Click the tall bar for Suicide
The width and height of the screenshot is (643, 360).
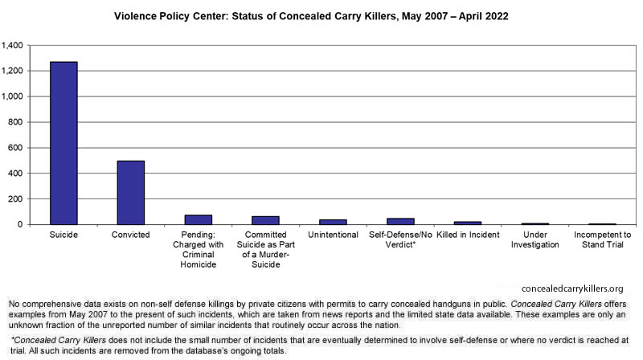click(63, 143)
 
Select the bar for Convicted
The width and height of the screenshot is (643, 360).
click(131, 193)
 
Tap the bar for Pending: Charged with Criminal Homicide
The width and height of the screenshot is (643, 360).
click(198, 219)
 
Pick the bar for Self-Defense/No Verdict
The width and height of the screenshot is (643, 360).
click(400, 222)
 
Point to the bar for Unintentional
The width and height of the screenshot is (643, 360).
click(333, 223)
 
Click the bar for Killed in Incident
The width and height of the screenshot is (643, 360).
click(468, 223)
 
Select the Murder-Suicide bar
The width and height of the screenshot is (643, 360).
click(265, 220)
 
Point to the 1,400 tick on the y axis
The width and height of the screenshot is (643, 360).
click(12, 45)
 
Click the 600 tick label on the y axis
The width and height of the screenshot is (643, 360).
click(15, 148)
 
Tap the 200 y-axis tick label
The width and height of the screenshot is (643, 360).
click(15, 198)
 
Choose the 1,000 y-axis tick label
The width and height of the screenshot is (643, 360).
click(12, 96)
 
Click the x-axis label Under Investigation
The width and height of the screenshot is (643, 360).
click(534, 239)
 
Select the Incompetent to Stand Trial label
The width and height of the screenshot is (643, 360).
click(602, 239)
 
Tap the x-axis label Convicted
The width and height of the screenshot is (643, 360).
click(131, 235)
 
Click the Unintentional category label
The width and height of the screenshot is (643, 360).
click(333, 235)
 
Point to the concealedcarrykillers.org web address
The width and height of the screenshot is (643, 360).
click(572, 288)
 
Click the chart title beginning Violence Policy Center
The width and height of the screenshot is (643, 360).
click(311, 16)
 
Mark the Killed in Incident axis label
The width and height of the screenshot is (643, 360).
click(468, 235)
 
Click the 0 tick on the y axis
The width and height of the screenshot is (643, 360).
click(20, 225)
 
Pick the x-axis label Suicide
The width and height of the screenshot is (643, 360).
click(63, 235)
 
